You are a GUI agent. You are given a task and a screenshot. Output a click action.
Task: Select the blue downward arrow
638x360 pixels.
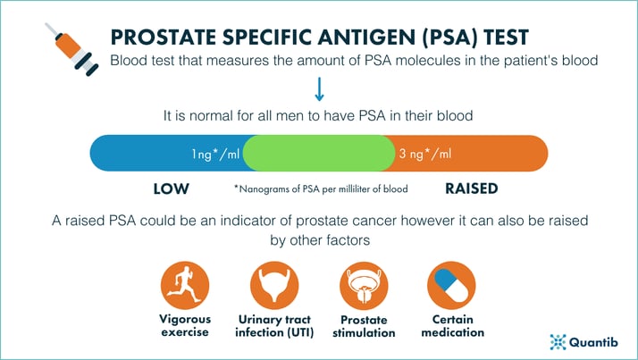tap(319, 90)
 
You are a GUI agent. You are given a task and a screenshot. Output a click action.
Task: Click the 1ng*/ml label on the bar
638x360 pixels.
tap(214, 154)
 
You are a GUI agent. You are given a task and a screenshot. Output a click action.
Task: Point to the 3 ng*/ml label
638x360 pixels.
tap(424, 154)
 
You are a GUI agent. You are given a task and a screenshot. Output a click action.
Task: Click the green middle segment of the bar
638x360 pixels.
tap(319, 153)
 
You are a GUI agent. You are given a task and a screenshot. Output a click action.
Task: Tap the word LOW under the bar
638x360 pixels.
tap(171, 189)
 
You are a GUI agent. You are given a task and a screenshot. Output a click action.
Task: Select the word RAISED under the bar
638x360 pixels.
tap(471, 189)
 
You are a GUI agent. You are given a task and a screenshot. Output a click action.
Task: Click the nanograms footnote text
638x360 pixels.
tap(320, 189)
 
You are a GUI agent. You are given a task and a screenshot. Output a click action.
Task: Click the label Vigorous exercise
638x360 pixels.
tap(185, 326)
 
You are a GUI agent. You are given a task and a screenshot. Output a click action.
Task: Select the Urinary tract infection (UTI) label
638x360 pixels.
tap(273, 326)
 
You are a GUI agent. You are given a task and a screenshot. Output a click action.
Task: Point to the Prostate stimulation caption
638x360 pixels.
tap(364, 326)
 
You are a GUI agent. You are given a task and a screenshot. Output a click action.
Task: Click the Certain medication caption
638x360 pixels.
tap(453, 326)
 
